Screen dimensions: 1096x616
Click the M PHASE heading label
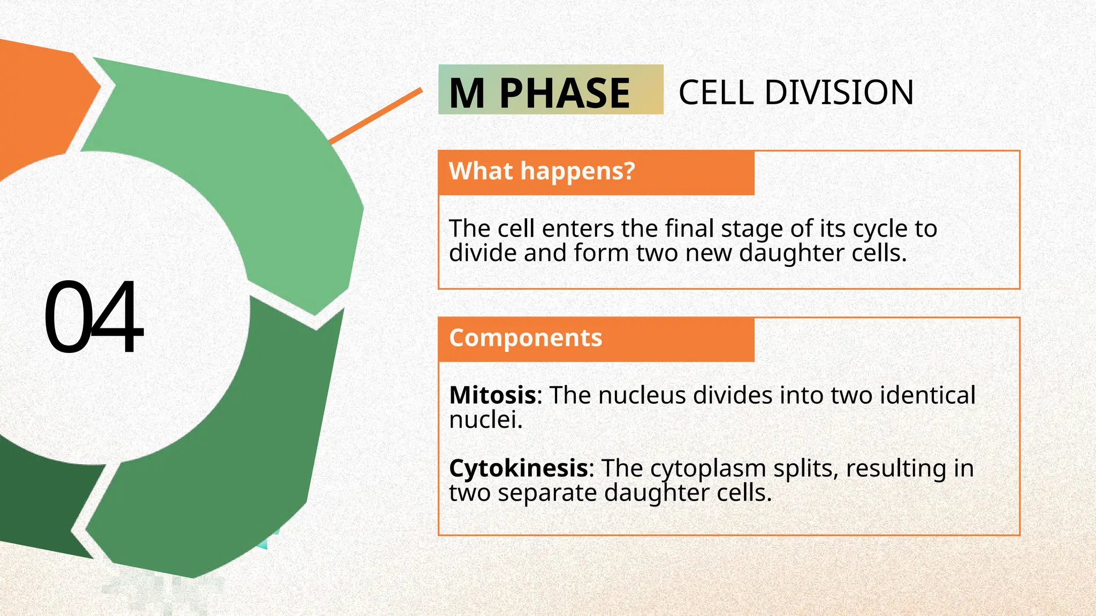click(x=539, y=93)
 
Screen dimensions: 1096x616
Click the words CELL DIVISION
click(x=796, y=93)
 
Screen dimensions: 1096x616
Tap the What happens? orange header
click(x=542, y=172)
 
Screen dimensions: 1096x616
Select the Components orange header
click(x=526, y=338)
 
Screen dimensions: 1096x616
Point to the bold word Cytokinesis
click(x=519, y=468)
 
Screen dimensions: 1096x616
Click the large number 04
click(x=94, y=317)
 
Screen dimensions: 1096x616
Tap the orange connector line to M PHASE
click(x=375, y=117)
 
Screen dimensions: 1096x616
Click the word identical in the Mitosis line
click(x=927, y=396)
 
